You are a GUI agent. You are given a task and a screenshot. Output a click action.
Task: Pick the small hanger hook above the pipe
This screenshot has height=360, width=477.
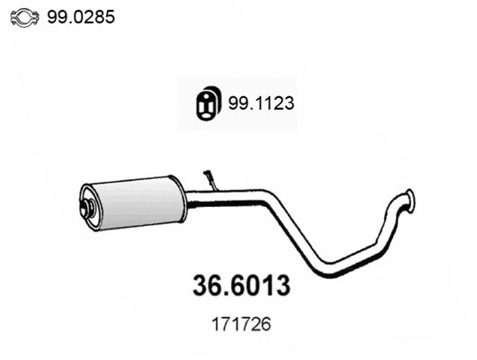coord(211,178)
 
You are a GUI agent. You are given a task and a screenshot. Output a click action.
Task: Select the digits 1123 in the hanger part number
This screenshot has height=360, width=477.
coord(275,103)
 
